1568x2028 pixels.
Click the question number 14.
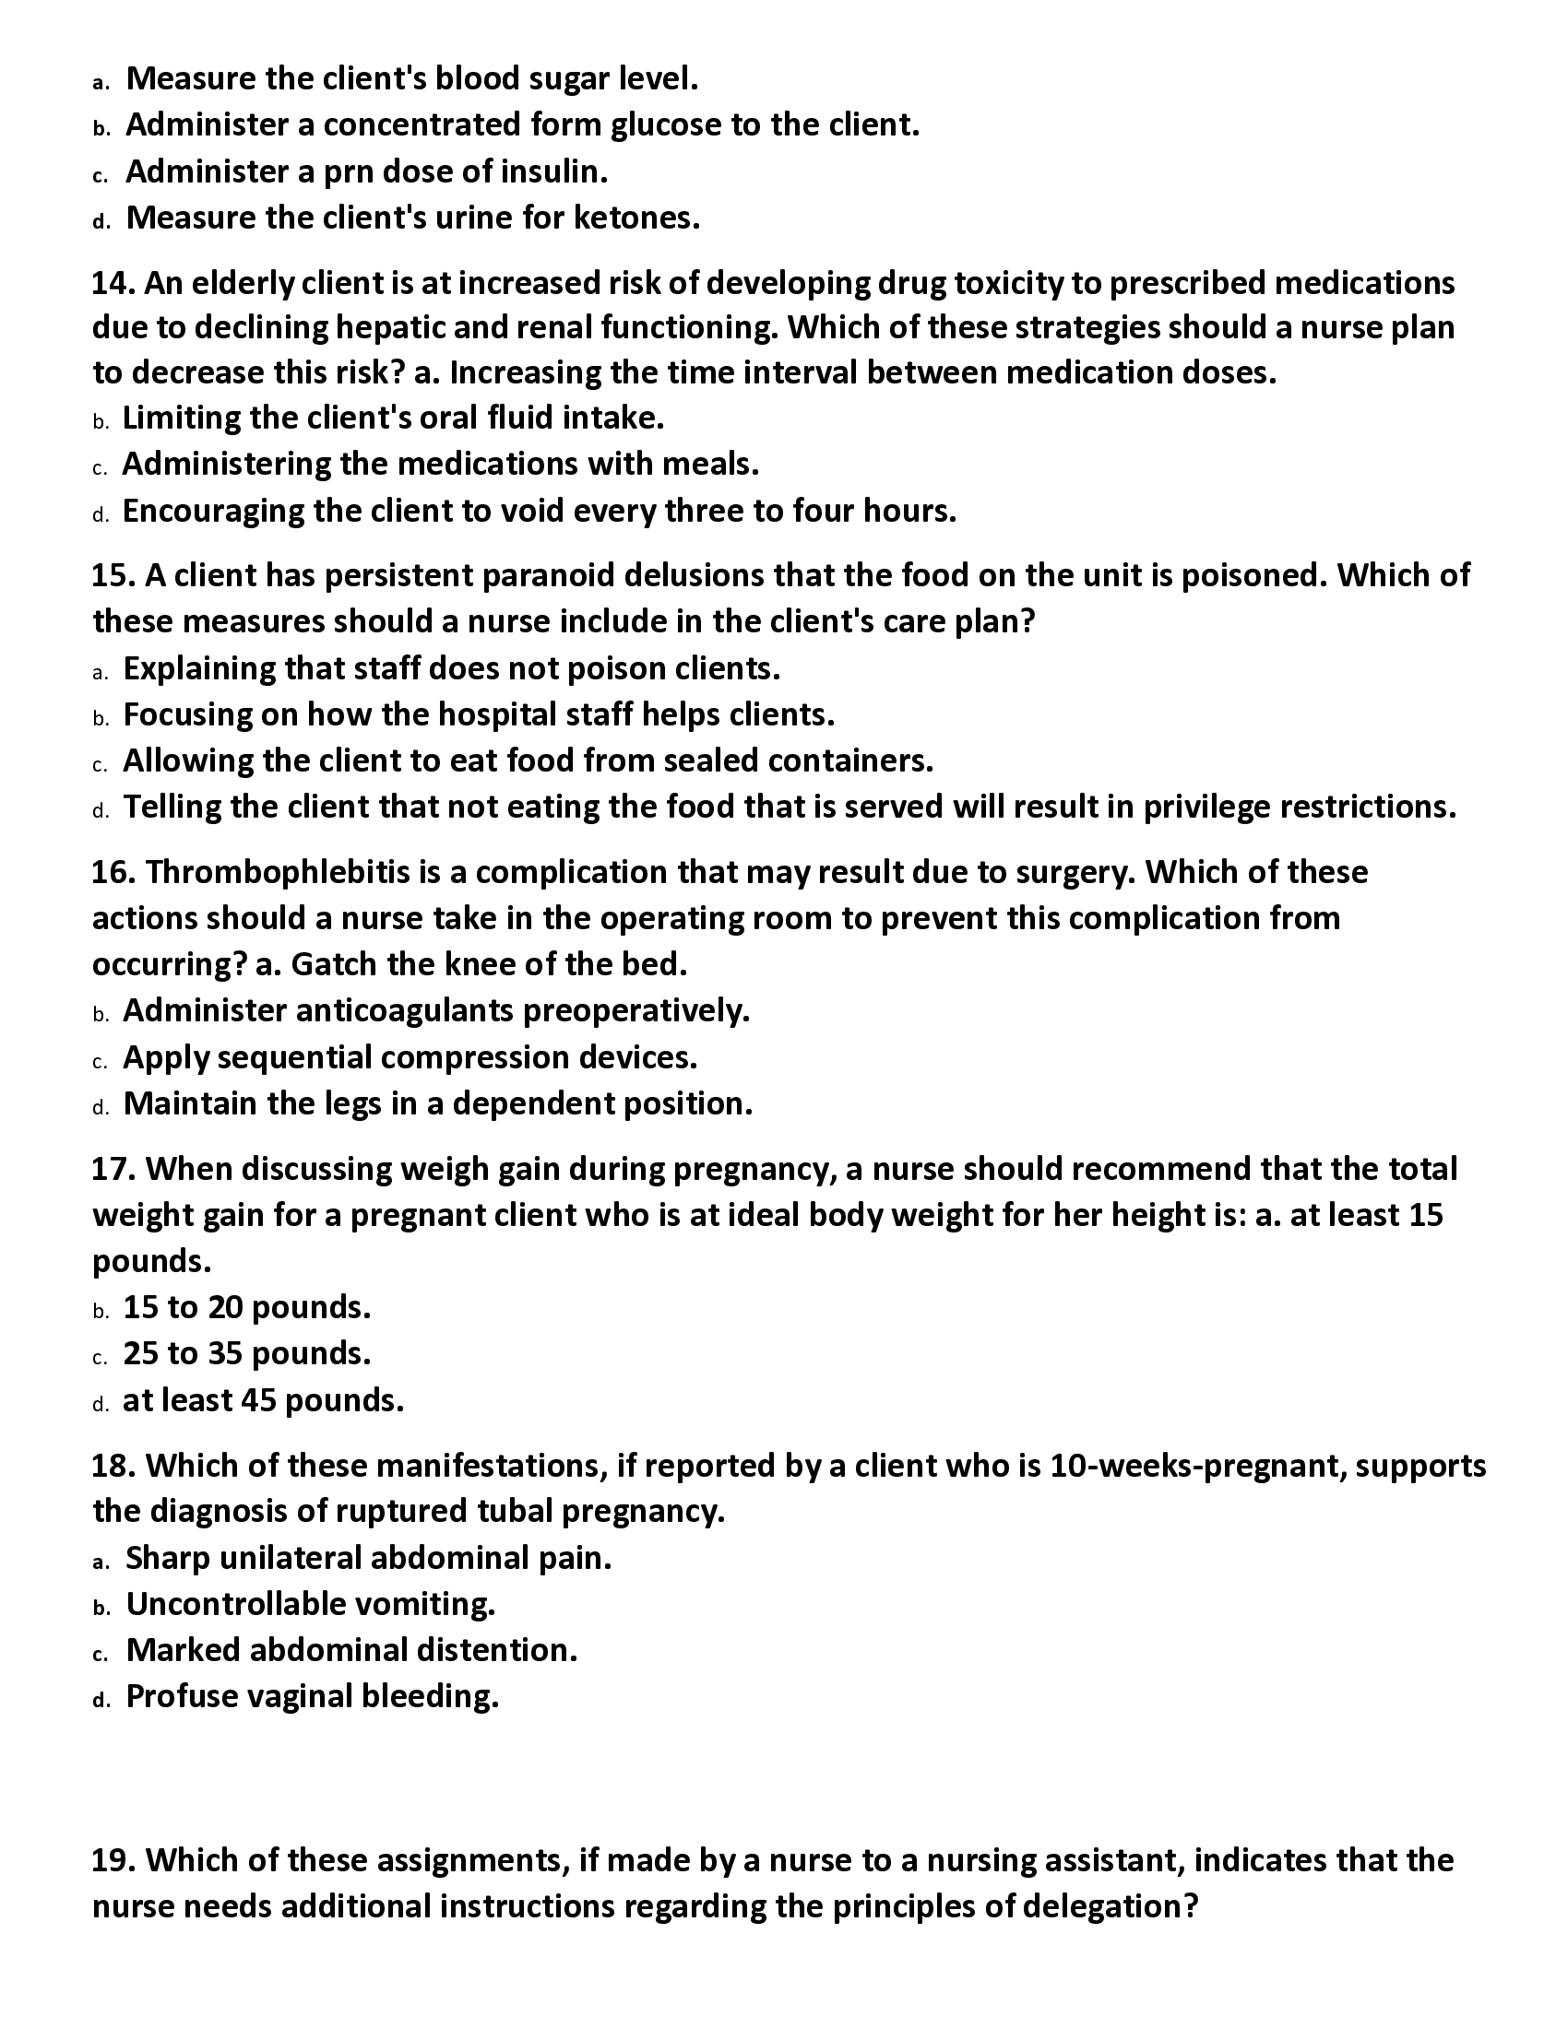pos(113,283)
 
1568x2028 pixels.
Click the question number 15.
pos(113,576)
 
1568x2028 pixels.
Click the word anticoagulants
pos(404,1010)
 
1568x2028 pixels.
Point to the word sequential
pos(293,1057)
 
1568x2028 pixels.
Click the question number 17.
pos(113,1169)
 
